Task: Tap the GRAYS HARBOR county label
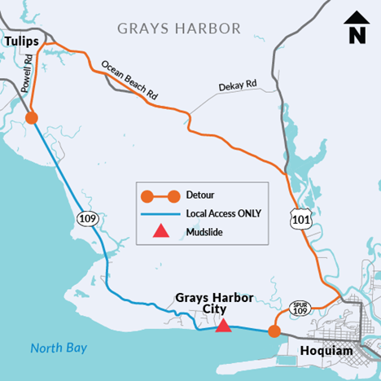click(x=179, y=28)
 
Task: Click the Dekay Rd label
click(x=238, y=85)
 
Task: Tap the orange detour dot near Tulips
click(x=32, y=118)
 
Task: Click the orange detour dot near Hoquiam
click(x=274, y=331)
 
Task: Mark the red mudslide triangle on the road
click(x=221, y=326)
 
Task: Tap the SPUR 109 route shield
click(x=300, y=308)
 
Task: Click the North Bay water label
click(x=59, y=348)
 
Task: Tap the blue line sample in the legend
click(x=160, y=213)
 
